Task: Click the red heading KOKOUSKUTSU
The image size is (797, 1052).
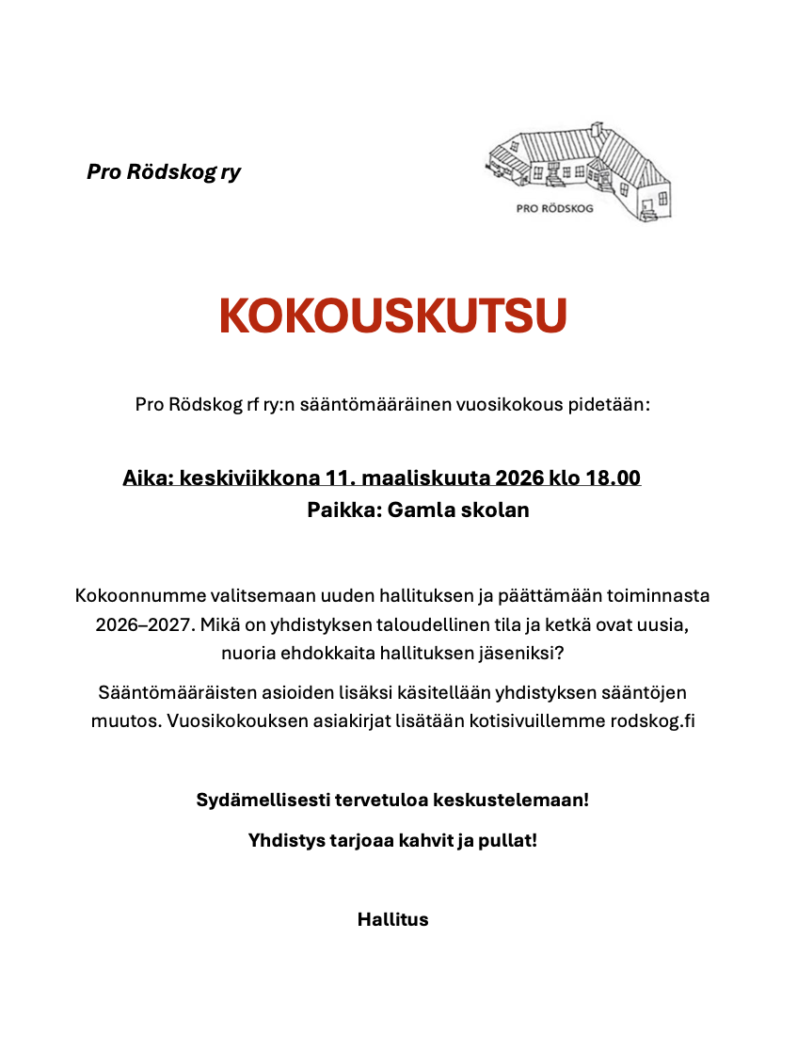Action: [393, 317]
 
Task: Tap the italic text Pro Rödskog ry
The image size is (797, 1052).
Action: [164, 172]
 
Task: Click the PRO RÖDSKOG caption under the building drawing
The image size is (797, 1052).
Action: [555, 209]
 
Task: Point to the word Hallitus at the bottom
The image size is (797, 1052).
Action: [392, 919]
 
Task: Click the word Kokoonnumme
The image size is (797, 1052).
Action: [131, 596]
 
